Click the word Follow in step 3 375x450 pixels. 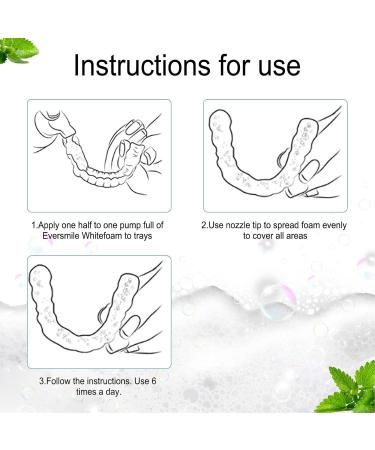63,381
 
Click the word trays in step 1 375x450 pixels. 152,238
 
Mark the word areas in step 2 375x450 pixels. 310,238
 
